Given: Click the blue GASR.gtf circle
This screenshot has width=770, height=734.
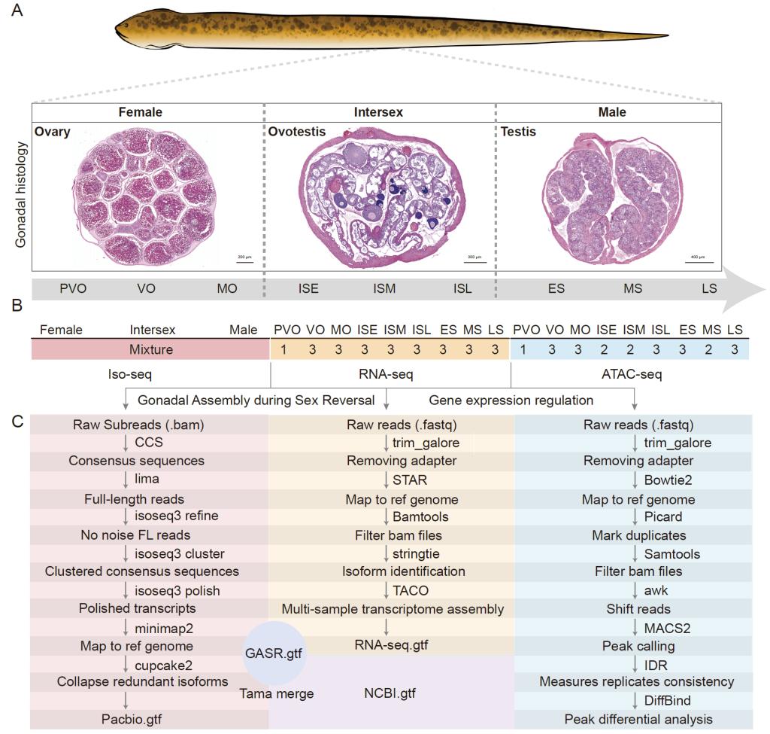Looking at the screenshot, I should point(274,653).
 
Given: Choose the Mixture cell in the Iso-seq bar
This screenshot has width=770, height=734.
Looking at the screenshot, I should point(150,349).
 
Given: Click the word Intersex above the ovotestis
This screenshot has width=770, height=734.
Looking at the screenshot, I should point(378,112).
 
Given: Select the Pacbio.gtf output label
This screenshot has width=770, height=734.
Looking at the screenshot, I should point(132,719).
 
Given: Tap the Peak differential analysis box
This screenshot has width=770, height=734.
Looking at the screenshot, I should point(638,719).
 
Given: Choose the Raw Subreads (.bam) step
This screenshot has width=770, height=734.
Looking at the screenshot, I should point(138,425).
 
